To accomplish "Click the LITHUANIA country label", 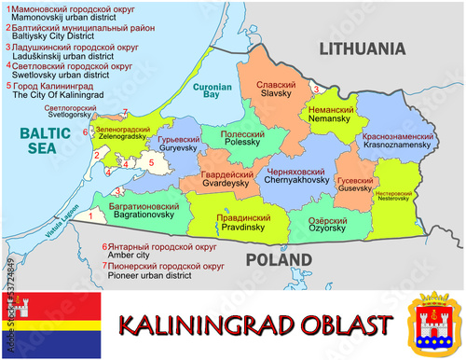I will coord(363,48).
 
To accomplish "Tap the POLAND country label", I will coord(277,258).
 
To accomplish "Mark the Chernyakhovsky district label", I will coord(297,181).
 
